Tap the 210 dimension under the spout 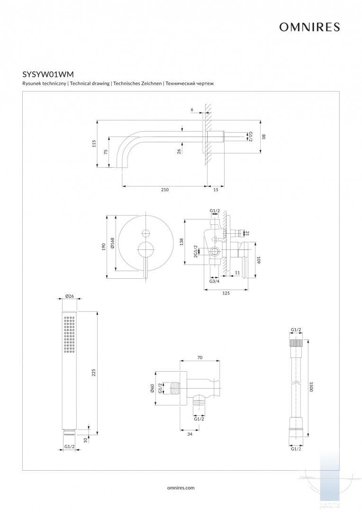click(164, 190)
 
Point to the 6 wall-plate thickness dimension click(192, 110)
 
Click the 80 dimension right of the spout click(264, 137)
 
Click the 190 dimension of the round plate click(104, 247)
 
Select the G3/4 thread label click(215, 282)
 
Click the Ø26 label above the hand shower click(70, 297)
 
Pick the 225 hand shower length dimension click(93, 372)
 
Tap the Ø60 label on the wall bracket click(153, 389)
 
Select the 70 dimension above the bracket click(199, 358)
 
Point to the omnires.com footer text click(181, 487)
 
